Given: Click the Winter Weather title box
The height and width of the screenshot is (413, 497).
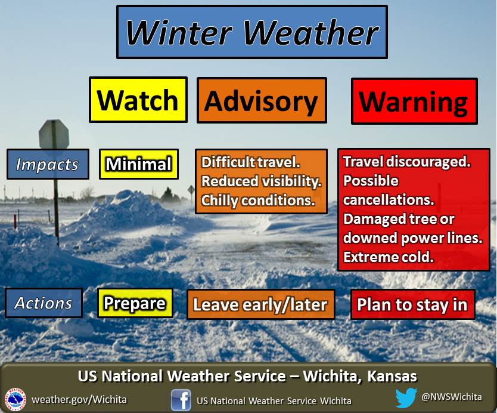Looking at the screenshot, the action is point(252,32).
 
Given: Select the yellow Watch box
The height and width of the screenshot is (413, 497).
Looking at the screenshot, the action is point(138,100).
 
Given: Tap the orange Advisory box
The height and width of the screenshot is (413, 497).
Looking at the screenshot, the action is point(262,100).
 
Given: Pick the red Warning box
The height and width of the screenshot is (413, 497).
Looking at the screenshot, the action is point(414,101).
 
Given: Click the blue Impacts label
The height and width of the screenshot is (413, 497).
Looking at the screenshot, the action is point(48,164).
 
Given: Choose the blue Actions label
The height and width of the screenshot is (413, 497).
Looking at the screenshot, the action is point(44,303).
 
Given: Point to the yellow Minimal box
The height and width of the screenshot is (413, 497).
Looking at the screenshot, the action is point(138,164).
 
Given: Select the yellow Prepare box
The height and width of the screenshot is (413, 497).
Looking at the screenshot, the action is point(135,303).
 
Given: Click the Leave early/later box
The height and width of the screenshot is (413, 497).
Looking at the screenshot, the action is point(260,304).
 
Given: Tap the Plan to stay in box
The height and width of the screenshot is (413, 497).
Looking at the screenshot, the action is point(412,304).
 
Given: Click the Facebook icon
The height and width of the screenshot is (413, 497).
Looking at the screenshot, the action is point(181,400).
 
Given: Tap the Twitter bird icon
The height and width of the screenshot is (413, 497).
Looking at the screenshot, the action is point(406,397).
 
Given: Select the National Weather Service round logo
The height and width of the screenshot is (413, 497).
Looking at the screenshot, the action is point(15,399).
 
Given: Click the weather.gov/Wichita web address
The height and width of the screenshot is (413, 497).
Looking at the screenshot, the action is point(79,399).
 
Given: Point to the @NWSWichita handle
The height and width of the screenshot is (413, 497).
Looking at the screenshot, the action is point(452,397).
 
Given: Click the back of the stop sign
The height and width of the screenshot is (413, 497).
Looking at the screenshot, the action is point(54,135).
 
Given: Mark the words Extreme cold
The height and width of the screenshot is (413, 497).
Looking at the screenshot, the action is point(389,257).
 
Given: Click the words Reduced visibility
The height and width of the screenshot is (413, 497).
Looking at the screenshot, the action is point(262,181).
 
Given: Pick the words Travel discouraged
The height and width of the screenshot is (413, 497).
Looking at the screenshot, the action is point(407,162).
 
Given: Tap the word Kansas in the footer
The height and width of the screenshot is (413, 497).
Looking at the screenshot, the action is point(392,376).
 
